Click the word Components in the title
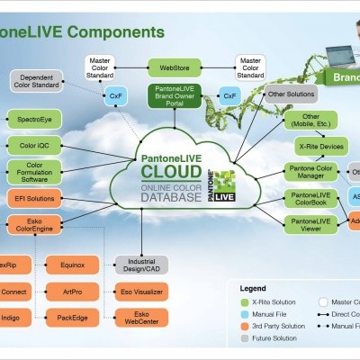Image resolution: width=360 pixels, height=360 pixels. (117, 31)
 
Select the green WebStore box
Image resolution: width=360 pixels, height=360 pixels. (175, 66)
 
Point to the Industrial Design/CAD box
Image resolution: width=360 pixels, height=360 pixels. (141, 265)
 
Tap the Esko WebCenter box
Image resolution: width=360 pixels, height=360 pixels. (141, 319)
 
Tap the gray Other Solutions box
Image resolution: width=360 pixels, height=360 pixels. (291, 94)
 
